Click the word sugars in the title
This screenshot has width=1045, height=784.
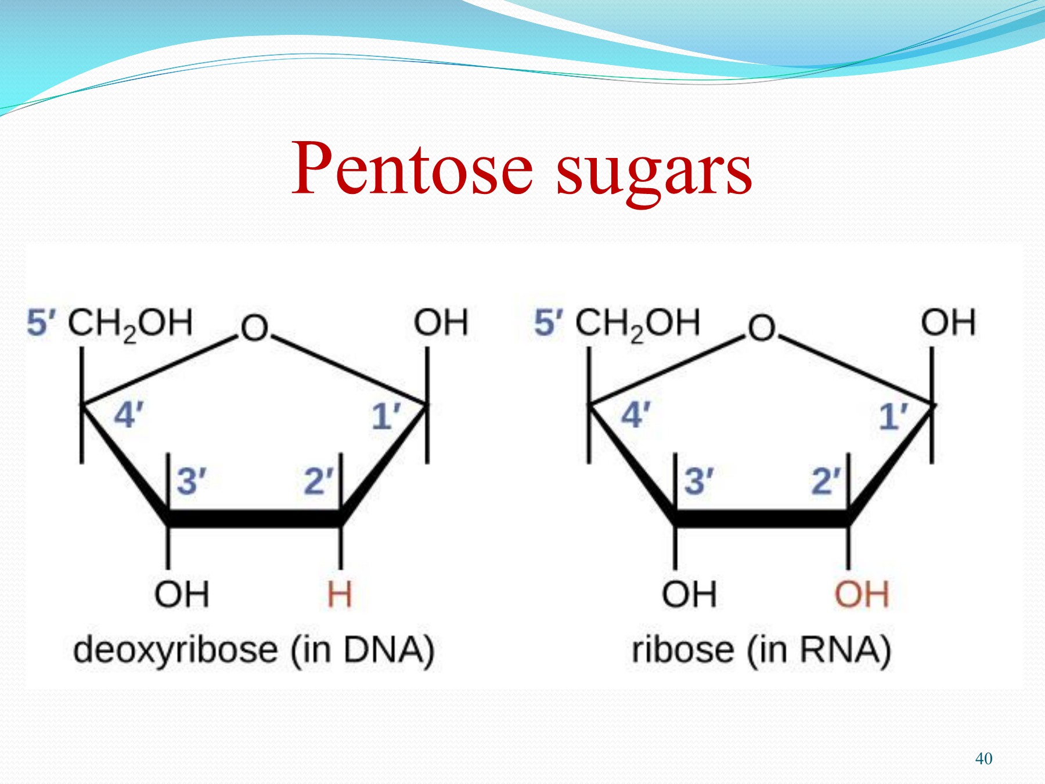click(654, 171)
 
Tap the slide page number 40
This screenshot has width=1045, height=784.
click(983, 758)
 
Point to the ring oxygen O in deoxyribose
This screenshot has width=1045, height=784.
click(254, 329)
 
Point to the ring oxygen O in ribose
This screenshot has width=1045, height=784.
click(762, 329)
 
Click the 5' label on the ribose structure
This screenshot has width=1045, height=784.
click(549, 323)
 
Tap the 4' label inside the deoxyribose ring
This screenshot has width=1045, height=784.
click(128, 415)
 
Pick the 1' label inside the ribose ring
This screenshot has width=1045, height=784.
click(893, 416)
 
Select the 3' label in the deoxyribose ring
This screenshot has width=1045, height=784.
click(191, 481)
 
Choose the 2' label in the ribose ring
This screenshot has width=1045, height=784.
click(826, 481)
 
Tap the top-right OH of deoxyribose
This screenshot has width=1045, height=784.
click(441, 323)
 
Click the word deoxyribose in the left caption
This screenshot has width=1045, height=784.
click(175, 650)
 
